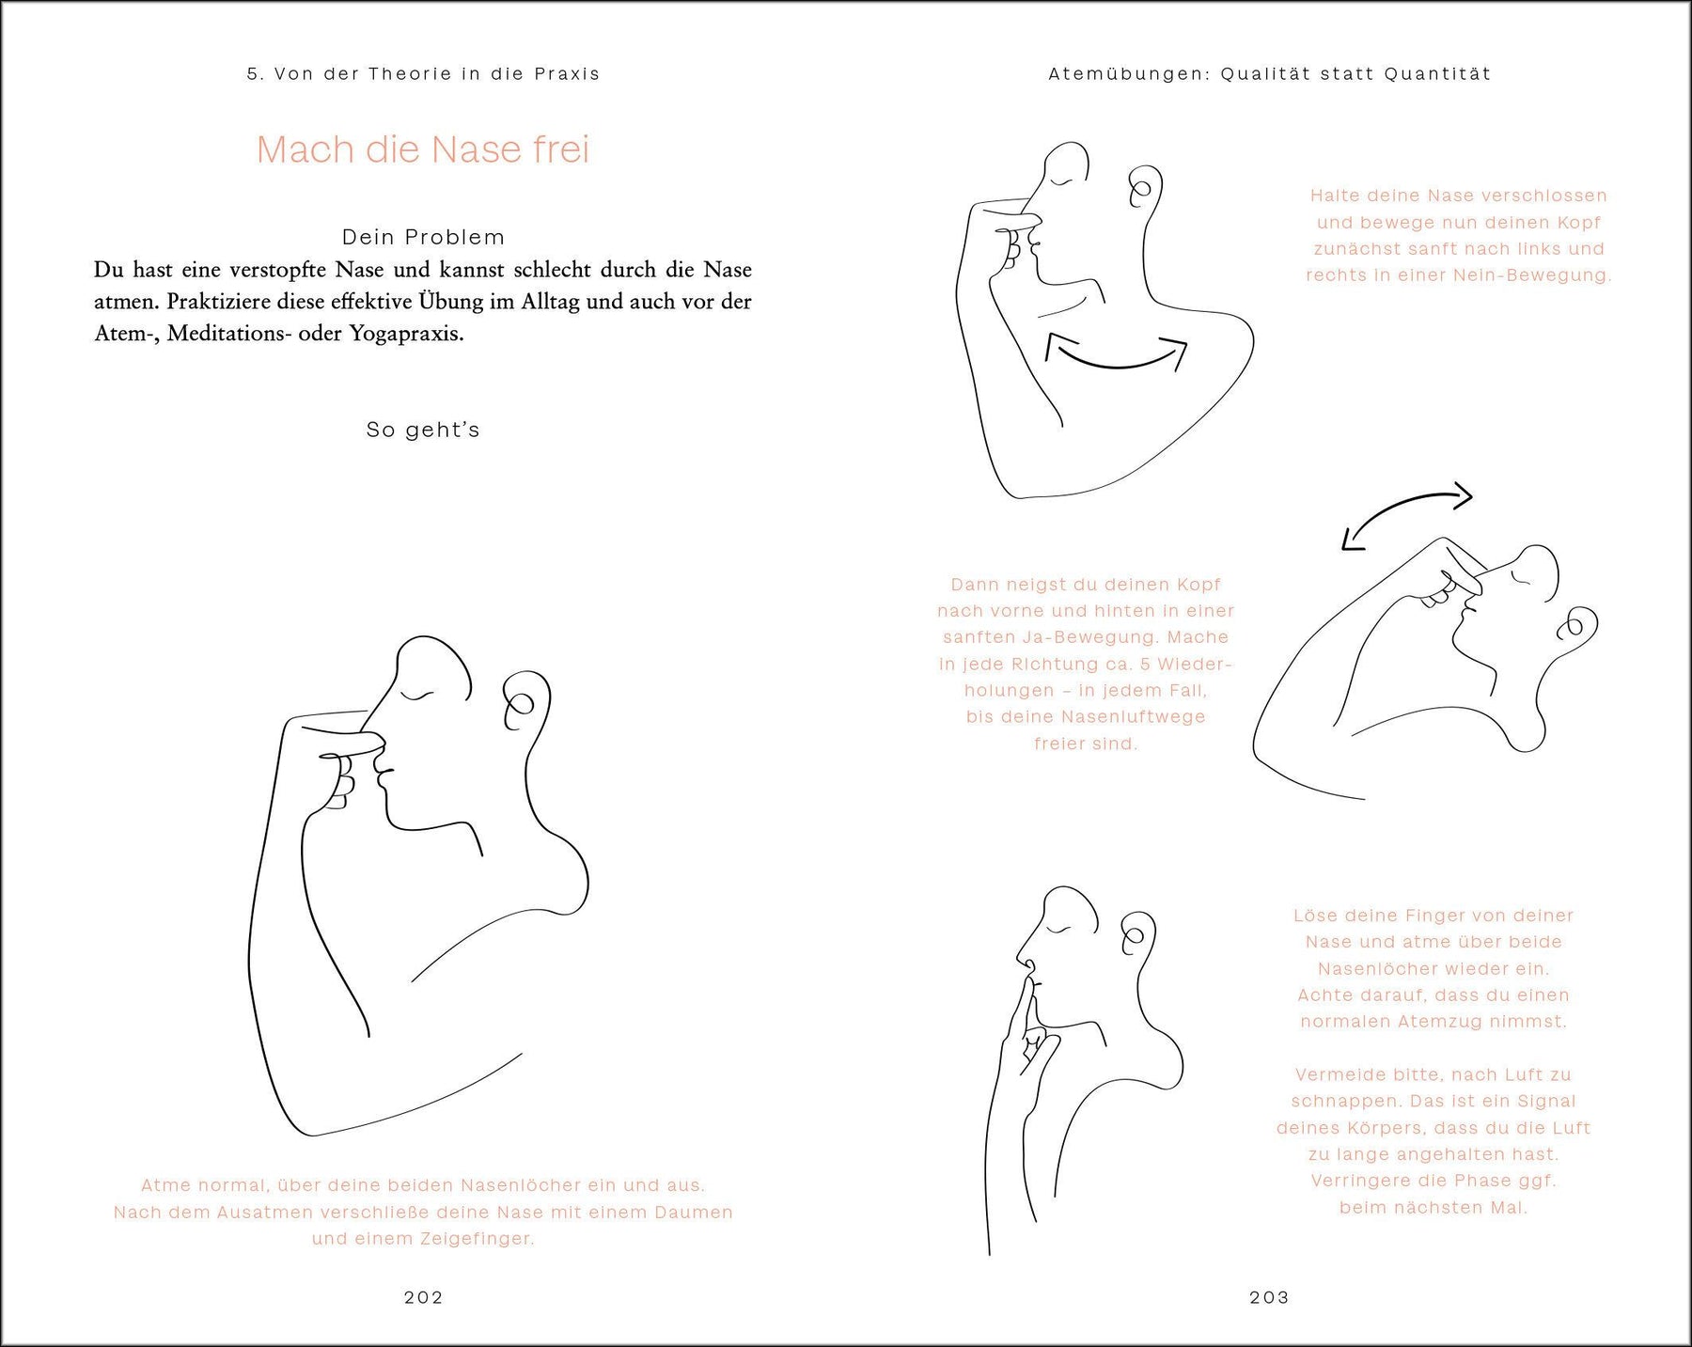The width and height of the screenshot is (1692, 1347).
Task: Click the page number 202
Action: coord(423,1297)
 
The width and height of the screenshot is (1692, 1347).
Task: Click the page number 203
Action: coord(1269,1297)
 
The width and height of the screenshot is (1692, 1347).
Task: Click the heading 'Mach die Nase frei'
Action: coord(423,149)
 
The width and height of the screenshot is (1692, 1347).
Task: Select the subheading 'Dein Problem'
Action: coord(423,237)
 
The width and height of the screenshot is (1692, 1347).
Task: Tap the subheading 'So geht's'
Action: coord(423,430)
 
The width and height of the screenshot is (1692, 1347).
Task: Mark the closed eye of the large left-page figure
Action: coord(417,696)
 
